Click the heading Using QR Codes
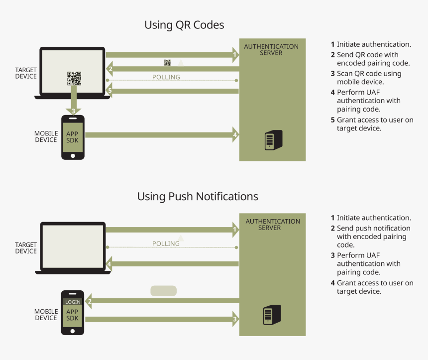[x=184, y=25]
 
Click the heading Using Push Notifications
[x=198, y=197]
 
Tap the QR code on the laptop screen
[x=74, y=78]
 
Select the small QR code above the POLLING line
[x=167, y=63]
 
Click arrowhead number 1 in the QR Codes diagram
[x=234, y=54]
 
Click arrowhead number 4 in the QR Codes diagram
[x=234, y=134]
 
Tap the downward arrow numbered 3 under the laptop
[x=73, y=110]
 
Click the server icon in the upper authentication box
[x=273, y=140]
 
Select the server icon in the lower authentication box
[x=272, y=315]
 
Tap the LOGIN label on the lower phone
[x=73, y=302]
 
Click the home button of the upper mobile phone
[x=73, y=155]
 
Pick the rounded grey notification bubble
[x=163, y=291]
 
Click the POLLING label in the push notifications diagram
[x=166, y=244]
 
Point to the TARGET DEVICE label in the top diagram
[x=26, y=73]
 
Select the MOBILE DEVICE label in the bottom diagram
[x=46, y=315]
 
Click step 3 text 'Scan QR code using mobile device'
[x=369, y=78]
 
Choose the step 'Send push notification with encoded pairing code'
[x=373, y=237]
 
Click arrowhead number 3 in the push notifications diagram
[x=234, y=319]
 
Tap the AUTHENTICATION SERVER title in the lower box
[x=273, y=225]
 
